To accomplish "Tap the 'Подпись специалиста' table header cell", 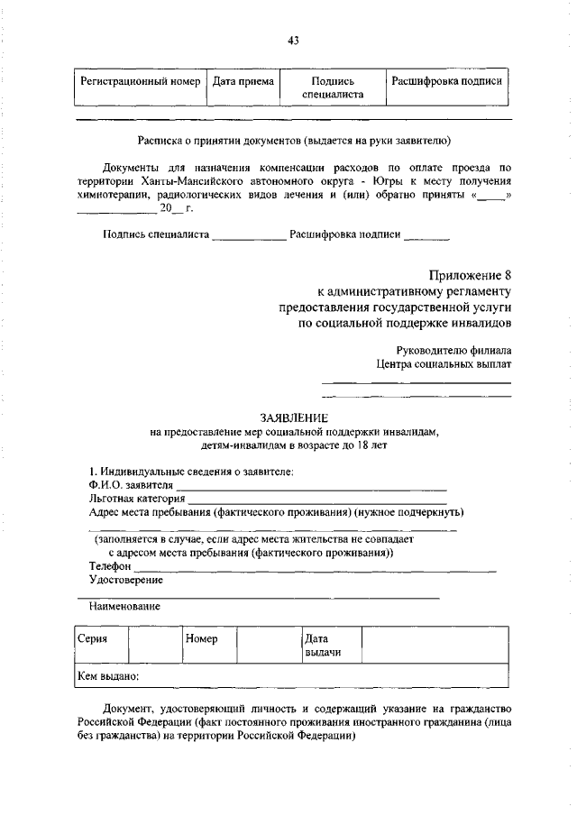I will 332,87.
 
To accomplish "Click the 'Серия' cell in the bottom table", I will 99,646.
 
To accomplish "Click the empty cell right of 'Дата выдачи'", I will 437,646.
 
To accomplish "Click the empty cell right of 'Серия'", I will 154,646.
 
